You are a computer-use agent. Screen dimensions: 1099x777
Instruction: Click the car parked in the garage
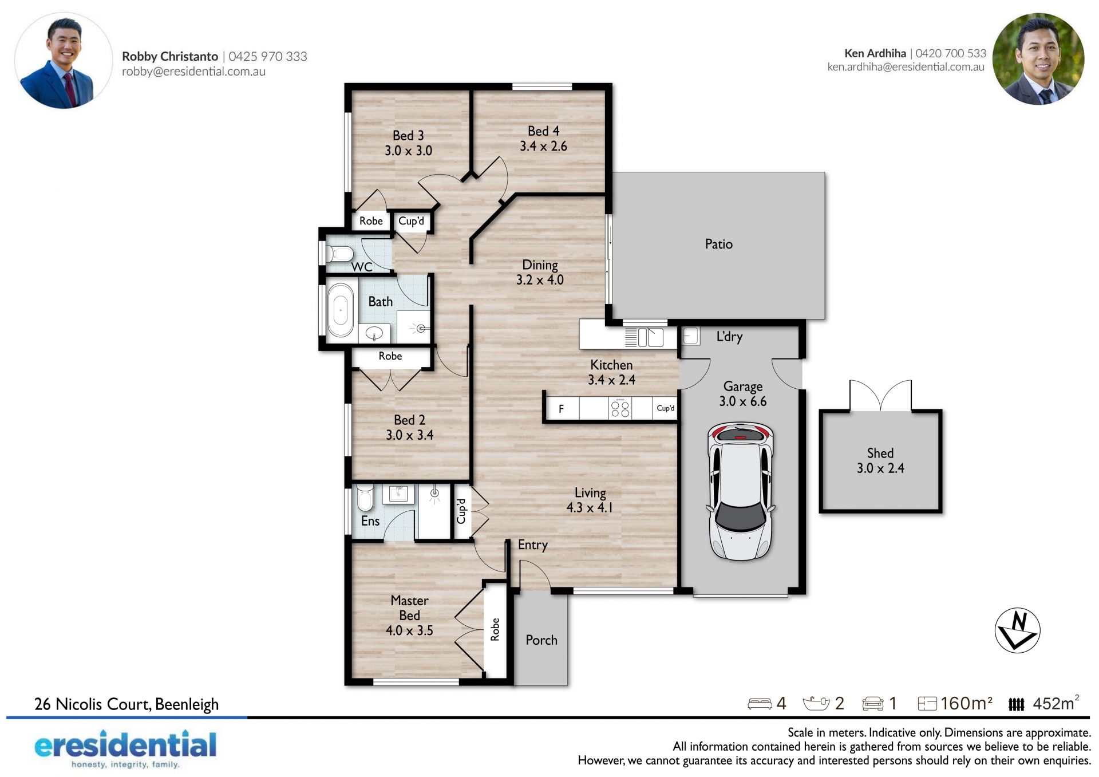tap(741, 491)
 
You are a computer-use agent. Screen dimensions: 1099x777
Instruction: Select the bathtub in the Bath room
tap(340, 310)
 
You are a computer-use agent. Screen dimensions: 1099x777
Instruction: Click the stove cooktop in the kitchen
tap(620, 408)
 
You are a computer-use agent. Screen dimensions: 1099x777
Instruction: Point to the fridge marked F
tap(562, 408)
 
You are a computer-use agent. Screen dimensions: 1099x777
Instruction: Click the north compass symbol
tap(1017, 630)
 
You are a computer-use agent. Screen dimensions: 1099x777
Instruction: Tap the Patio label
tap(718, 244)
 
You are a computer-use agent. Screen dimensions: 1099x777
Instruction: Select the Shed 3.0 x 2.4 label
tap(880, 460)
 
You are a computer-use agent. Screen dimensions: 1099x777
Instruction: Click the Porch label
tap(541, 640)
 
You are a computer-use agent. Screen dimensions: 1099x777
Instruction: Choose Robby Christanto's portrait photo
tap(64, 61)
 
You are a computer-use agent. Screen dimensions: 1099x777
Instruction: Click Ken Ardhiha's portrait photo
tap(1038, 59)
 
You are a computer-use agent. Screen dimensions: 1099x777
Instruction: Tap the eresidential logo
tap(126, 748)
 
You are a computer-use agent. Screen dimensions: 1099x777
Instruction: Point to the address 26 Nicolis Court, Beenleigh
tap(126, 704)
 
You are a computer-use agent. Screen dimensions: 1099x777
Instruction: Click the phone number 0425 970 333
tap(268, 56)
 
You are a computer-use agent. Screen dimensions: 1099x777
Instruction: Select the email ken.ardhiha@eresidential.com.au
tap(906, 66)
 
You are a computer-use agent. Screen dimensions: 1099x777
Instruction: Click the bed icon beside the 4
tap(760, 704)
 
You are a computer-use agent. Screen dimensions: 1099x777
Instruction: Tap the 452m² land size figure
tap(1056, 703)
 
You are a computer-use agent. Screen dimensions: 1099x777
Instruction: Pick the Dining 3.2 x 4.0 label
tap(540, 272)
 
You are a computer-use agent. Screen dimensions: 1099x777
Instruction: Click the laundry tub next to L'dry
tap(691, 336)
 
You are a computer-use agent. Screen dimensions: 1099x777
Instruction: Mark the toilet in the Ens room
tap(365, 498)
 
